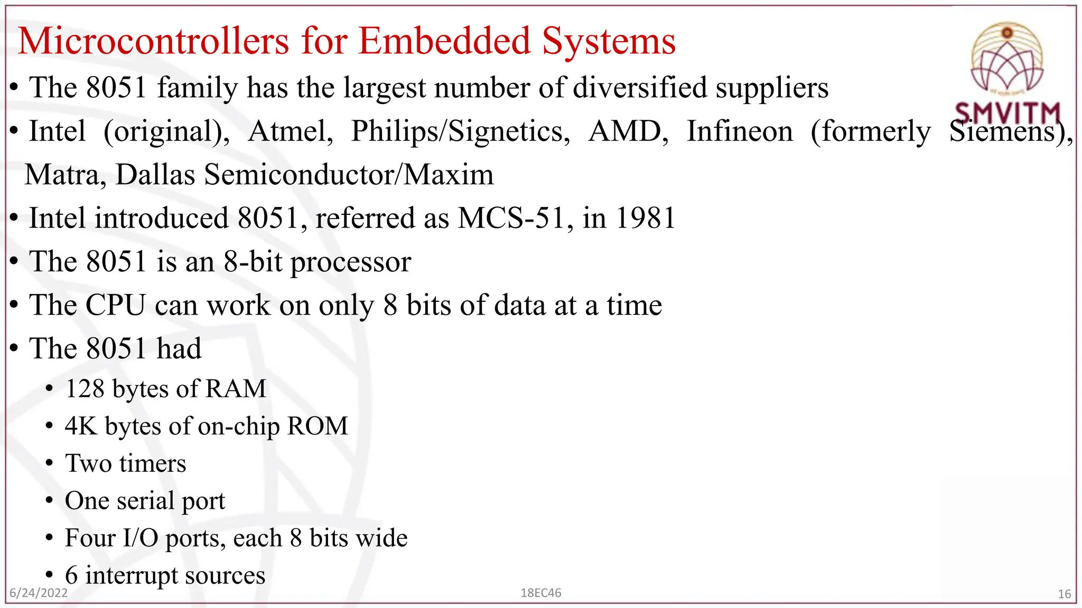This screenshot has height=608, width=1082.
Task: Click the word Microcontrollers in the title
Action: coord(153,41)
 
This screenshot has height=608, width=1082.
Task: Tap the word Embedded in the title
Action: coord(444,41)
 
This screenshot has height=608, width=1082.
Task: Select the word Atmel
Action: coord(290,131)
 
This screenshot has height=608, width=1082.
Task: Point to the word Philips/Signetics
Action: coord(460,131)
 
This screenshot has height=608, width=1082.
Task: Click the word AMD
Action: coord(628,131)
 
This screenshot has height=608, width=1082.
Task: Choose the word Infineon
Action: coord(740,131)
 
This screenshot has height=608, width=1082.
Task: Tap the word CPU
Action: coord(115,306)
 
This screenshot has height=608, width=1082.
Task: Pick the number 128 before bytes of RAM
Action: coord(85,389)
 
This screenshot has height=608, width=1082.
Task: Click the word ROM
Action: coord(318,426)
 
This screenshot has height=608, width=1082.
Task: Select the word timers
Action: coord(153,463)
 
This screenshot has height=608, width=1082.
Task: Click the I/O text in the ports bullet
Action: coord(141,538)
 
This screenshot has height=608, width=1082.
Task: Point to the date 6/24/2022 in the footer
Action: coord(39,593)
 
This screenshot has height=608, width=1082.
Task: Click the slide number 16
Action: coord(1064,594)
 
